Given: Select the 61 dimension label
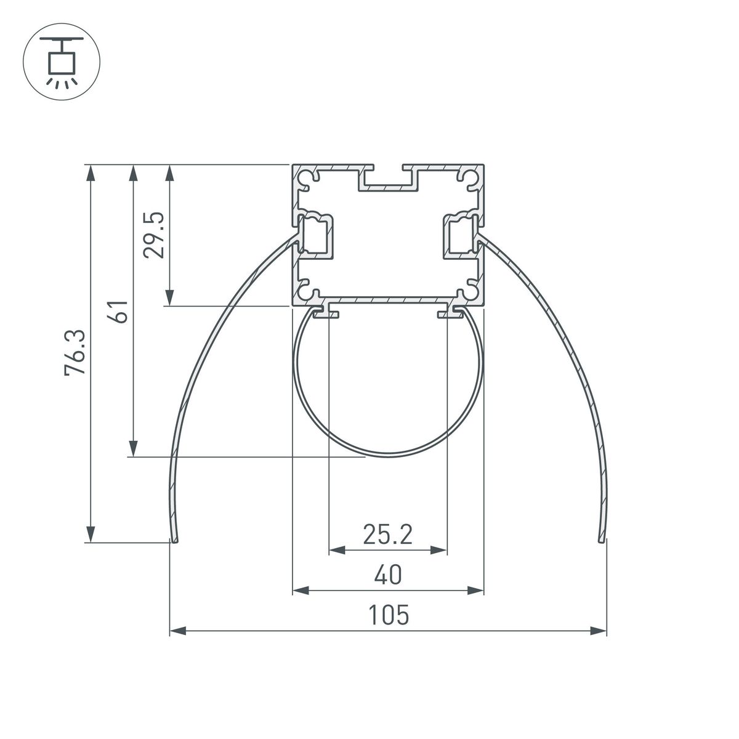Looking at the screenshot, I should [120, 312].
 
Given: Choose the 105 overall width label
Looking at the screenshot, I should [389, 615].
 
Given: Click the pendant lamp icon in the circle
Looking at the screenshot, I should [61, 61].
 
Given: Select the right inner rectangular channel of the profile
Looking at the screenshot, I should [461, 236].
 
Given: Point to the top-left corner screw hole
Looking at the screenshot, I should [305, 177].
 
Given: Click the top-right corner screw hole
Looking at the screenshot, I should [472, 177].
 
